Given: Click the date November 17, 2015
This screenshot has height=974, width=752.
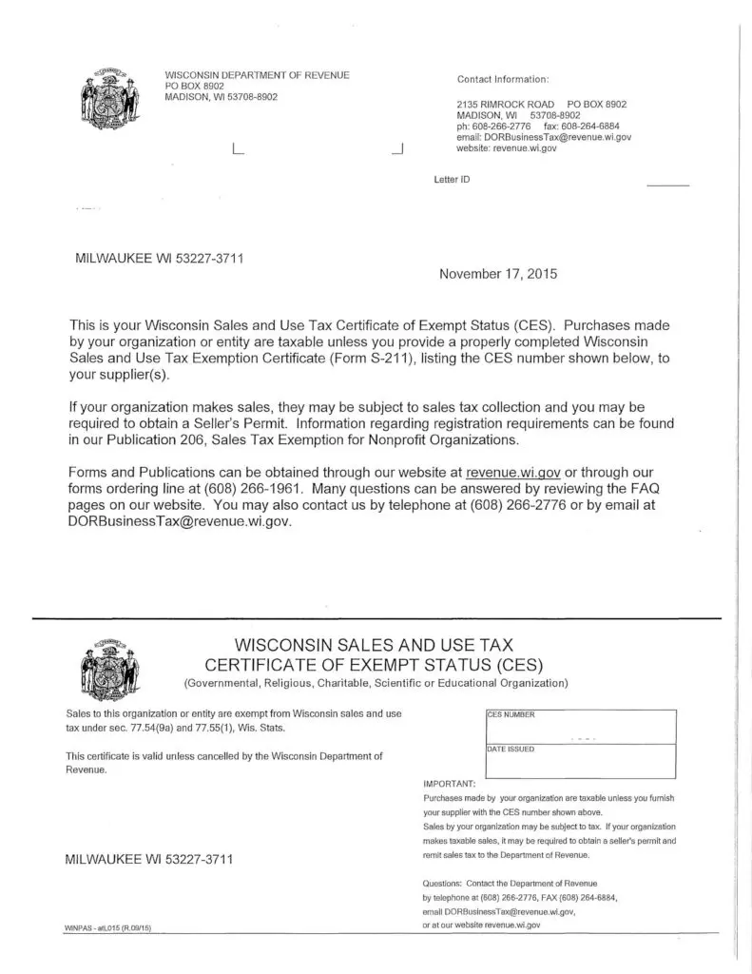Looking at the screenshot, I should (x=498, y=274).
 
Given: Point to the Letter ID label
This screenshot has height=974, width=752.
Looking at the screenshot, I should (x=452, y=179).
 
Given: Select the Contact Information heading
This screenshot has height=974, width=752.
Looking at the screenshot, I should (x=503, y=78).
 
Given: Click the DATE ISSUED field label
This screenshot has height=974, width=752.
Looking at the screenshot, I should (x=511, y=750).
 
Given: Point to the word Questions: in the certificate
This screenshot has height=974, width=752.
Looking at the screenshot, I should (x=442, y=884).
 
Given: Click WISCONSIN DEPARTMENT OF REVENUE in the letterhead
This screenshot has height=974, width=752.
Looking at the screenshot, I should (x=257, y=75).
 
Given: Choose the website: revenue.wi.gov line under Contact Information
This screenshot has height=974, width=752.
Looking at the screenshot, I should (x=507, y=148).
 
